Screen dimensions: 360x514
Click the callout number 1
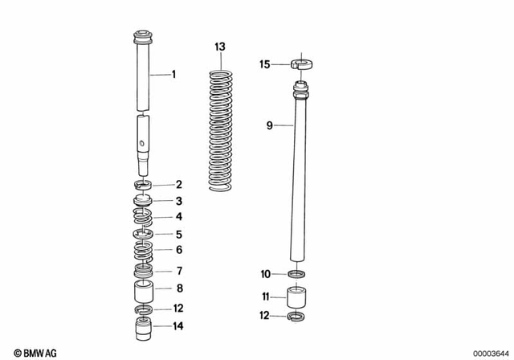pos(174,75)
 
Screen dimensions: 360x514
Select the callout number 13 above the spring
pos(220,48)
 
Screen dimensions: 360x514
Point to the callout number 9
pos(270,125)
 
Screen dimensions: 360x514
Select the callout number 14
pos(179,325)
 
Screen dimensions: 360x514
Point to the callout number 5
pos(179,234)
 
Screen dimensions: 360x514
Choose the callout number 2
pos(179,184)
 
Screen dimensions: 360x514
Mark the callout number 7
pos(179,270)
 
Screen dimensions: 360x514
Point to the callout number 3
pos(179,201)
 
